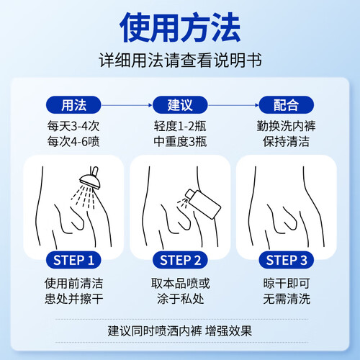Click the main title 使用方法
click(180, 27)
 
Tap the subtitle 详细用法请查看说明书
click(180, 60)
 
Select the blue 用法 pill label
click(73, 105)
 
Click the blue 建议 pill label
click(180, 105)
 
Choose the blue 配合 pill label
click(287, 105)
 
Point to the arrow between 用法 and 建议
click(127, 105)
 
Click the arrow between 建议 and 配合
click(233, 105)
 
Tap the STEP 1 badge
click(73, 260)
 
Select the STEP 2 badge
click(180, 260)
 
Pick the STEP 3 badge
click(287, 260)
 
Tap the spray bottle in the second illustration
click(203, 204)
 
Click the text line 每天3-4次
click(73, 126)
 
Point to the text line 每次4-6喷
click(73, 141)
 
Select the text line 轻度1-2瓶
click(180, 126)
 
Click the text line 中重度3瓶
click(180, 141)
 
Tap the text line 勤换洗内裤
click(287, 126)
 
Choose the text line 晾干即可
click(287, 284)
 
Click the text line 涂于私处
click(180, 299)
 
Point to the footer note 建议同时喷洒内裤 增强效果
click(180, 331)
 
